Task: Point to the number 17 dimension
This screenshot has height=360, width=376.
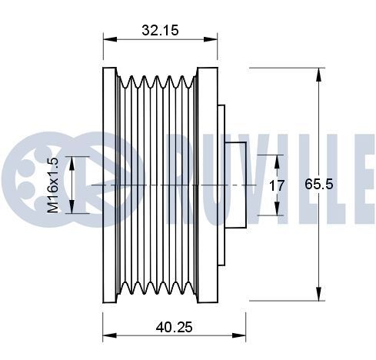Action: [x=277, y=185]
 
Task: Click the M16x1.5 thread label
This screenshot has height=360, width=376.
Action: [x=53, y=185]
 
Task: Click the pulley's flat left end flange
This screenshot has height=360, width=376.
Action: [x=108, y=185]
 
